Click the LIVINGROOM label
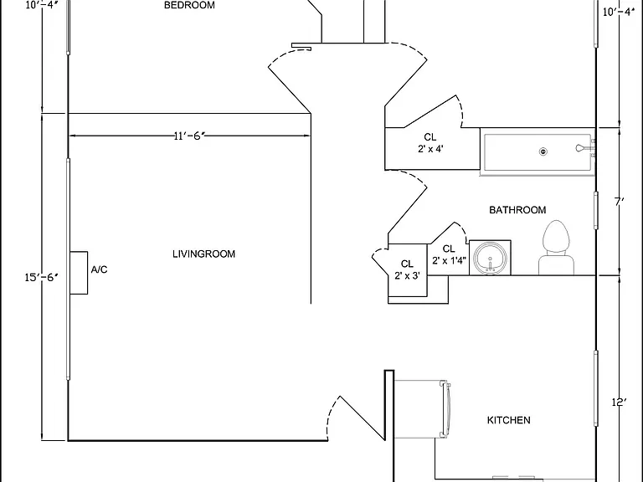tap(203, 254)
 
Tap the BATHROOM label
tap(517, 210)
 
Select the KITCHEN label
tap(508, 420)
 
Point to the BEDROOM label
tap(189, 5)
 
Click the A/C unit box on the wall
tap(79, 273)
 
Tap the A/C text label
tap(100, 269)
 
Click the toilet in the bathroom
tap(556, 248)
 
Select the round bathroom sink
tap(490, 259)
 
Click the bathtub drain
tap(543, 151)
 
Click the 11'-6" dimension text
tap(189, 136)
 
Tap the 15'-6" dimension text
tap(41, 278)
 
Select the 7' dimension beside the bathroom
tap(620, 202)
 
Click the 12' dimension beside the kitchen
tap(619, 402)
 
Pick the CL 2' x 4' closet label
tap(430, 143)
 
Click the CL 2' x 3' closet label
tap(407, 269)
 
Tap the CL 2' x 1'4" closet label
tap(449, 254)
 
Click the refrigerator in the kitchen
tap(422, 409)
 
